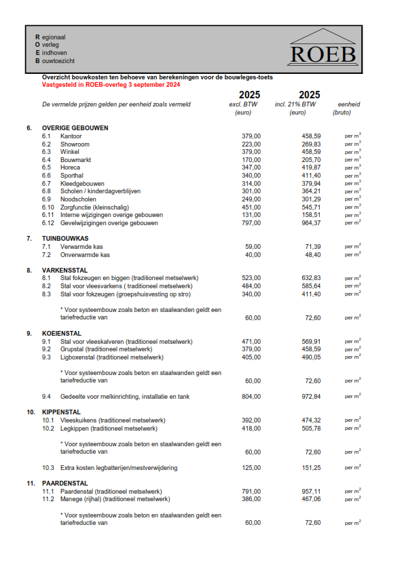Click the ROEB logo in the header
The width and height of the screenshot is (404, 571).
(x=323, y=47)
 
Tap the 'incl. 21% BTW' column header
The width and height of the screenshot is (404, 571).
(x=298, y=105)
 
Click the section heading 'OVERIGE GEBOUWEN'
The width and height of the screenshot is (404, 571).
(x=75, y=128)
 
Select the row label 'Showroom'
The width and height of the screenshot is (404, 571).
(x=75, y=144)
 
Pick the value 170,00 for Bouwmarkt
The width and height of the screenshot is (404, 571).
(x=251, y=160)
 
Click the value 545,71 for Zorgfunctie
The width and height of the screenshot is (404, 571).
(x=311, y=208)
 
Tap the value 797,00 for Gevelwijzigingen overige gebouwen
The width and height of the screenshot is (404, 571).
(x=251, y=223)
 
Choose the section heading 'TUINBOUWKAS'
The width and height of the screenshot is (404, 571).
(x=65, y=239)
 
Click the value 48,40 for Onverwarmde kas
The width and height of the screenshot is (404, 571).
(x=313, y=254)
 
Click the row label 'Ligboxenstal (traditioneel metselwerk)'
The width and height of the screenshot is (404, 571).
(x=112, y=357)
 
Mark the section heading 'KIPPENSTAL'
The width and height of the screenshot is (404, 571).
(x=61, y=412)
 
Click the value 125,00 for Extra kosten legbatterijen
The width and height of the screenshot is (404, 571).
(x=251, y=468)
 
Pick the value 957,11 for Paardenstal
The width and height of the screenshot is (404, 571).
(x=311, y=492)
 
